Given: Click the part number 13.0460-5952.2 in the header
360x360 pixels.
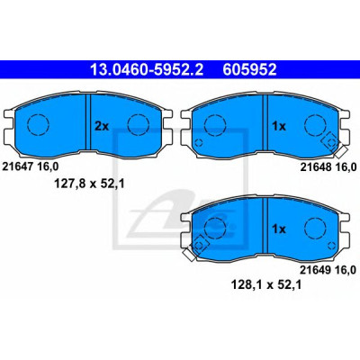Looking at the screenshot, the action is (x=147, y=70).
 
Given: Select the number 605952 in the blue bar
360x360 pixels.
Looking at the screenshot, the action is (x=249, y=70).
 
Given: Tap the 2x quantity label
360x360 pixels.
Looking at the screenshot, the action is (x=102, y=127).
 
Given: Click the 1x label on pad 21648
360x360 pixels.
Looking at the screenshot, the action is (x=279, y=127).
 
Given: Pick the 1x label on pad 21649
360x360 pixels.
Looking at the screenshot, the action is (x=279, y=229).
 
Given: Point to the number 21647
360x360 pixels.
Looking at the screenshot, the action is (x=17, y=166).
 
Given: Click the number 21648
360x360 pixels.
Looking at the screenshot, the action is (x=315, y=167).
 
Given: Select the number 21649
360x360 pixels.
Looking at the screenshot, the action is (x=315, y=270).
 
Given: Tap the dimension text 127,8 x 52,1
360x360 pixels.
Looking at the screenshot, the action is (x=89, y=183).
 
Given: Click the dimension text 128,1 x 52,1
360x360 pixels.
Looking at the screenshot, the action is (x=265, y=284).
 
